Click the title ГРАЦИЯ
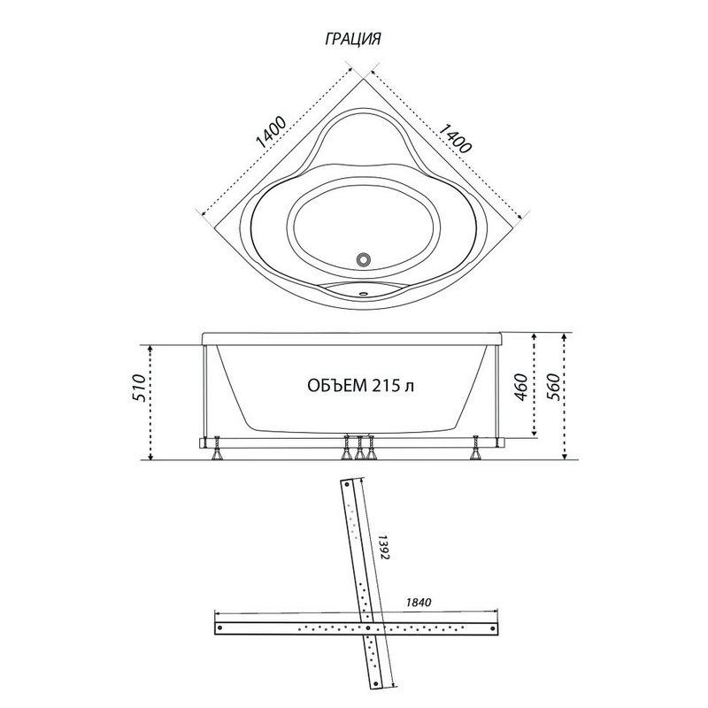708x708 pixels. coord(352,39)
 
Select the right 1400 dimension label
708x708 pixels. coord(455,138)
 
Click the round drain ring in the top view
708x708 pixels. coord(364,259)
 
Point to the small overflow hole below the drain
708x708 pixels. coord(364,293)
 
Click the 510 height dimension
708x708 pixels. coord(140,388)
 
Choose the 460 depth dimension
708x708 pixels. coord(520,388)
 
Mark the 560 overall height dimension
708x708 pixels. coord(552,388)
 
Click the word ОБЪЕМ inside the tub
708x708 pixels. coord(337,386)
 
